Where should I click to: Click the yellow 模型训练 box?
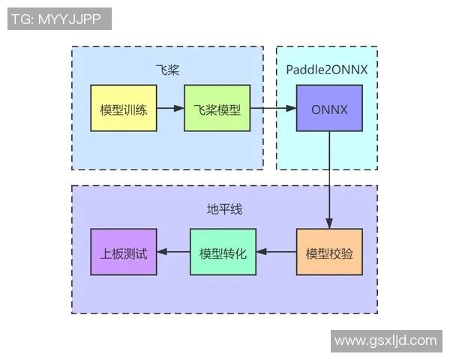(x=123, y=109)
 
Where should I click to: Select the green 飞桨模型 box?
(x=216, y=109)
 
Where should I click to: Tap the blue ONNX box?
(x=329, y=109)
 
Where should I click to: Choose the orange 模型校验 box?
(x=329, y=252)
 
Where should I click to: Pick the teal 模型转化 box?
(x=223, y=252)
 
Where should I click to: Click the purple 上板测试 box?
(x=123, y=252)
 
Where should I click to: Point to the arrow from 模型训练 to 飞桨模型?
(x=169, y=109)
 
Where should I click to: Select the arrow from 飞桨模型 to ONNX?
(x=271, y=109)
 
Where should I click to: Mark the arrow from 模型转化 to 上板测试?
(x=172, y=252)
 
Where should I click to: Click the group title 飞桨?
(x=167, y=70)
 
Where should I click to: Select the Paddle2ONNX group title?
(x=326, y=70)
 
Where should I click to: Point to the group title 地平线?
(x=224, y=209)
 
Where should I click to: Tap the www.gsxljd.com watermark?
(x=385, y=340)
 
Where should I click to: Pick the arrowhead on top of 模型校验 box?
(x=329, y=223)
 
